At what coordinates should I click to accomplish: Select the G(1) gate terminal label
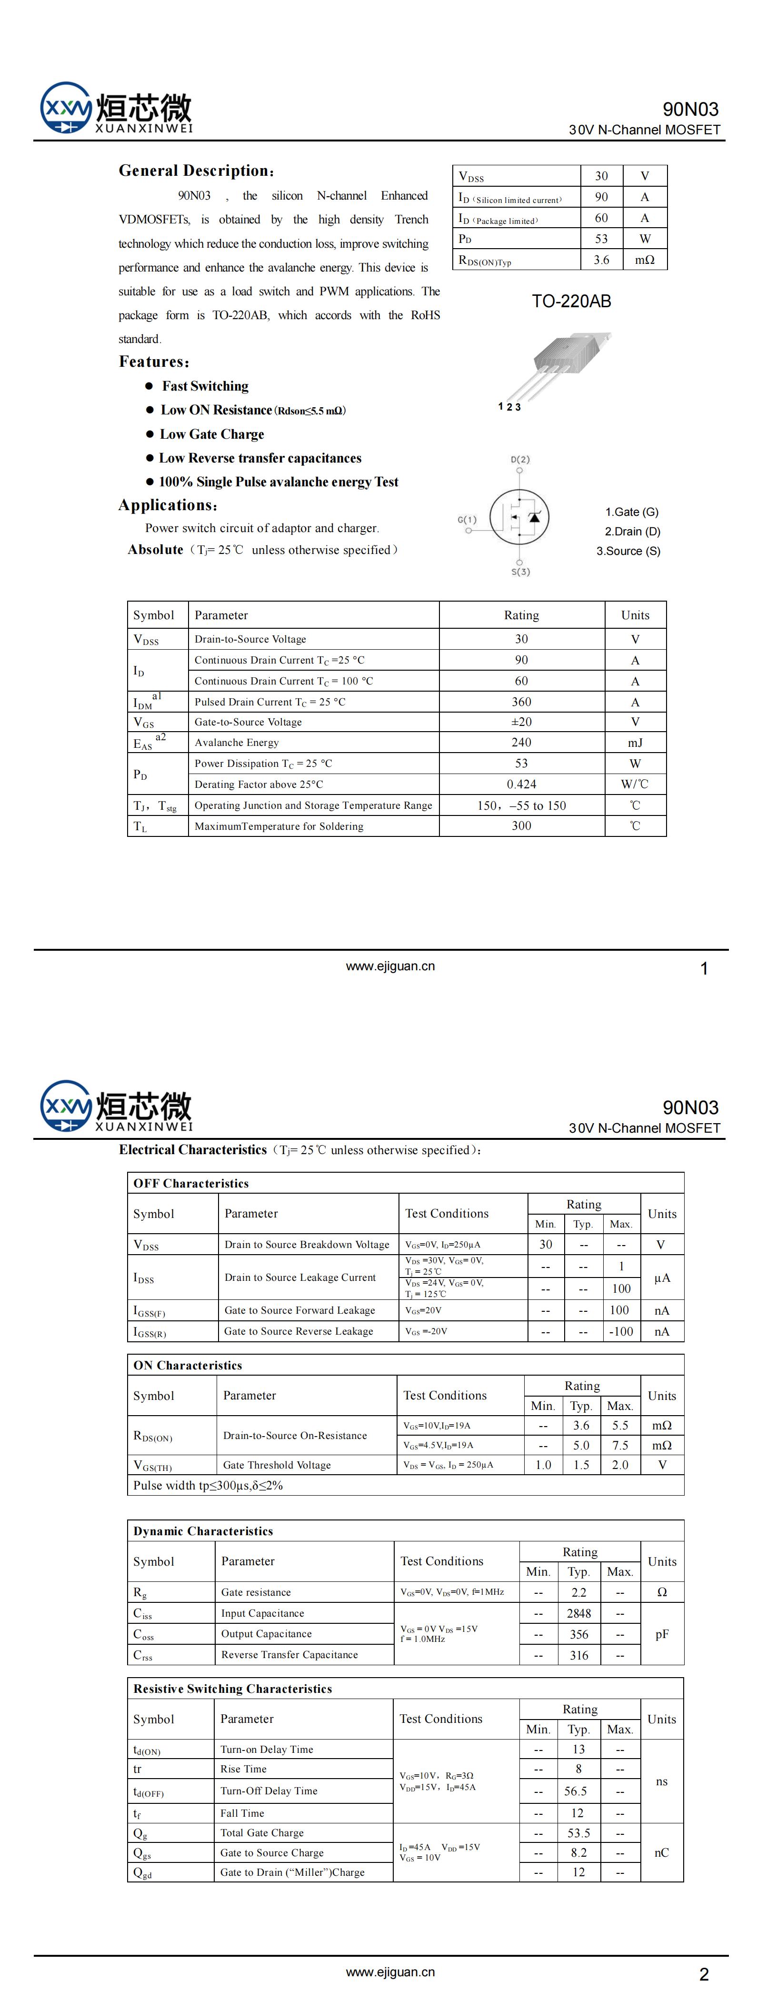pyautogui.click(x=467, y=519)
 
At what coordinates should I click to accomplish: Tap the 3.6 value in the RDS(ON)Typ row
pyautogui.click(x=601, y=260)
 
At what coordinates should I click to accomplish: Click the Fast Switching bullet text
pyautogui.click(x=205, y=386)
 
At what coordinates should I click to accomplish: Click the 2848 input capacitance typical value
pyautogui.click(x=578, y=1613)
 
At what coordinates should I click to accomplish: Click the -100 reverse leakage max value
pyautogui.click(x=621, y=1331)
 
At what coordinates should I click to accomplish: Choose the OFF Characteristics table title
pyautogui.click(x=191, y=1183)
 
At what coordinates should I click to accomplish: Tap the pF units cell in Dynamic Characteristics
pyautogui.click(x=661, y=1634)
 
